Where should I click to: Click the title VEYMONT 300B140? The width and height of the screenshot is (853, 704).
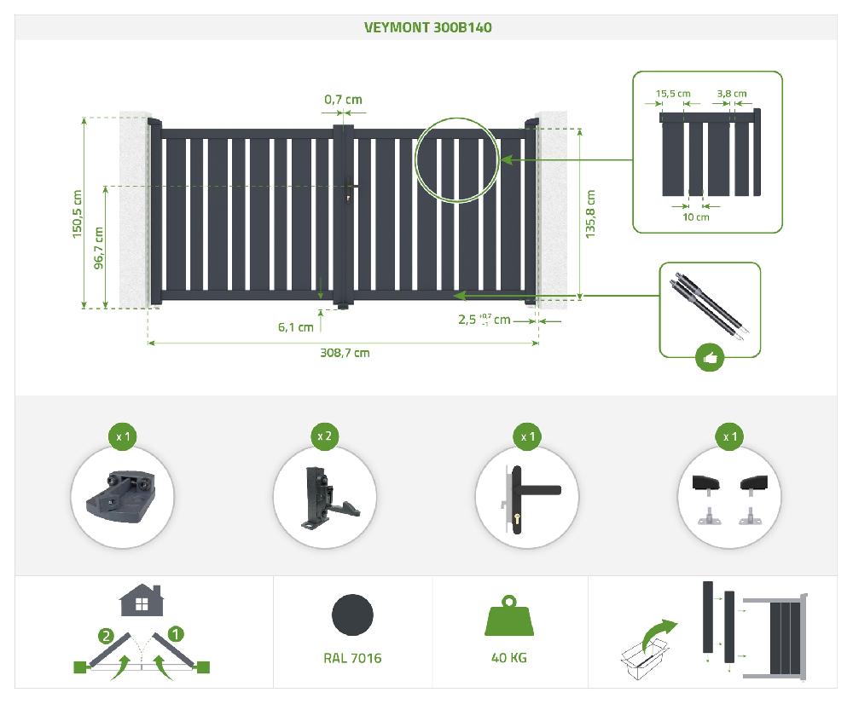pos(427,28)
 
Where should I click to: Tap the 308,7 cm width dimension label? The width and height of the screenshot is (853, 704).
pos(345,353)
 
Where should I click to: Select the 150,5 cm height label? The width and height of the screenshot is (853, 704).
pos(77,214)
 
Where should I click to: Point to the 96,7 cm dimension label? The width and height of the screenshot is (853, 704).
pos(98,248)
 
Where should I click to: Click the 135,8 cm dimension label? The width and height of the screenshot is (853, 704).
pos(590,214)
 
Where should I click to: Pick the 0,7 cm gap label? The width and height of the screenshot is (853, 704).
pos(343,100)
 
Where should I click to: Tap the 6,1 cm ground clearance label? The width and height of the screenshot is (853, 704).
pos(295,327)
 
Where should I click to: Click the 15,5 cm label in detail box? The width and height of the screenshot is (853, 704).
pos(673,94)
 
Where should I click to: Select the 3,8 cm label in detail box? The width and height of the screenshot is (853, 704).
pos(732,94)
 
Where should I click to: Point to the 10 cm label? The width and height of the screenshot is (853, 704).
pos(696,216)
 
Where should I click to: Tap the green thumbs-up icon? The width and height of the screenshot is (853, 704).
pos(710,358)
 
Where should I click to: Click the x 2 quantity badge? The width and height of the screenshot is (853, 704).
pos(324,436)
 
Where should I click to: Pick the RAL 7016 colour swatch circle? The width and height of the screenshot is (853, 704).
pos(352,615)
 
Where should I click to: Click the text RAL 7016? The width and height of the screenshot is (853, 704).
pos(352,658)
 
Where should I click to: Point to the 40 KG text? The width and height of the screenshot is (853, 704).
pos(508,658)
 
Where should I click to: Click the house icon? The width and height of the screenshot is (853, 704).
pos(142,600)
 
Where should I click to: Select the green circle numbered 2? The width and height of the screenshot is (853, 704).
pos(106,636)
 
